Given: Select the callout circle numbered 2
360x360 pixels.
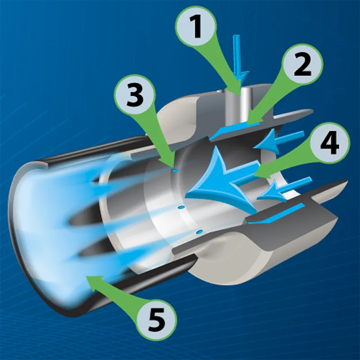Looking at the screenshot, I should coord(302,67).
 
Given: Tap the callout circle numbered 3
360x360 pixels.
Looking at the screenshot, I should coord(134,95).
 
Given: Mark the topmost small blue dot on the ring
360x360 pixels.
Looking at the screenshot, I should coord(175,170).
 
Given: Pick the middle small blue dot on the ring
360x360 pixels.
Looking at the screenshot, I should coord(180,207).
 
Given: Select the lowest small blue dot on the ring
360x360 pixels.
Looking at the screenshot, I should coord(199,231).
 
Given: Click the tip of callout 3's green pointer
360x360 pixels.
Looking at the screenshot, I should coord(173,165).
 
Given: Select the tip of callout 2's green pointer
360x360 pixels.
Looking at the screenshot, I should coord(248,121).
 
